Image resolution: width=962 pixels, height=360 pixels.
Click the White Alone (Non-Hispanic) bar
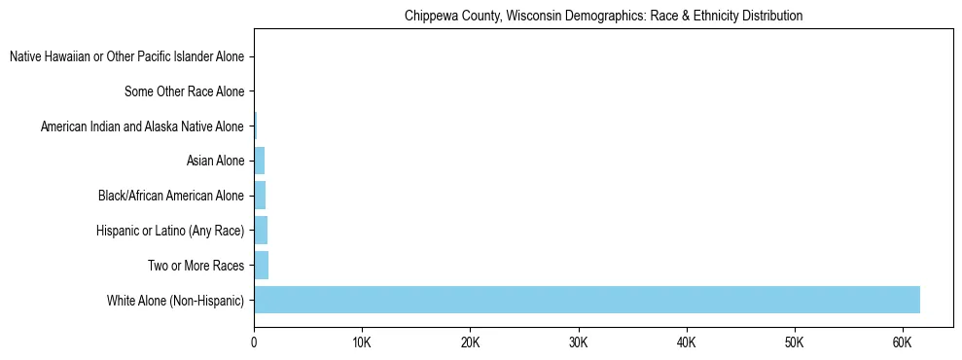click(587, 300)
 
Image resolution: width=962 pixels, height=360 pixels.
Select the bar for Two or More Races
click(261, 266)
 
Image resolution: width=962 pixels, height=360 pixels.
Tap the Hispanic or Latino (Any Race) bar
click(261, 231)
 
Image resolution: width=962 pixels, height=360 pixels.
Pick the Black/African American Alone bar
click(260, 196)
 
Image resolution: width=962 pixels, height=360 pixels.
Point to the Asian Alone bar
click(259, 162)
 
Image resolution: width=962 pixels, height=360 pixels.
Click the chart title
click(603, 16)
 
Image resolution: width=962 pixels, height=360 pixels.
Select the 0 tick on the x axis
click(254, 343)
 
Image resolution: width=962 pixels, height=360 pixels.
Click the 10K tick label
click(362, 343)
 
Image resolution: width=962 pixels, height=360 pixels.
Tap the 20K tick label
click(470, 343)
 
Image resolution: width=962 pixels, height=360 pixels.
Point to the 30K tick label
click(578, 343)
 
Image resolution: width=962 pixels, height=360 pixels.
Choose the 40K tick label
click(686, 343)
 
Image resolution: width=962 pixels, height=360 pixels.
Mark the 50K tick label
click(794, 343)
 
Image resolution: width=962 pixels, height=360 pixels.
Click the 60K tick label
click(902, 343)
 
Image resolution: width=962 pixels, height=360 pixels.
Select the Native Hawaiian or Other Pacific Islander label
click(126, 57)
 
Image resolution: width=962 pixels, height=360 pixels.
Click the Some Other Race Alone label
click(184, 92)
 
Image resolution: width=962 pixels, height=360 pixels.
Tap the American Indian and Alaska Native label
click(142, 126)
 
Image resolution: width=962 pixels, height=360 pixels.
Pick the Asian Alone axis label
click(215, 162)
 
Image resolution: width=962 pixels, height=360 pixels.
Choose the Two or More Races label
click(196, 266)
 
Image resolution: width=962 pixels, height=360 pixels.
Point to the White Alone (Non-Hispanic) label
click(175, 301)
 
